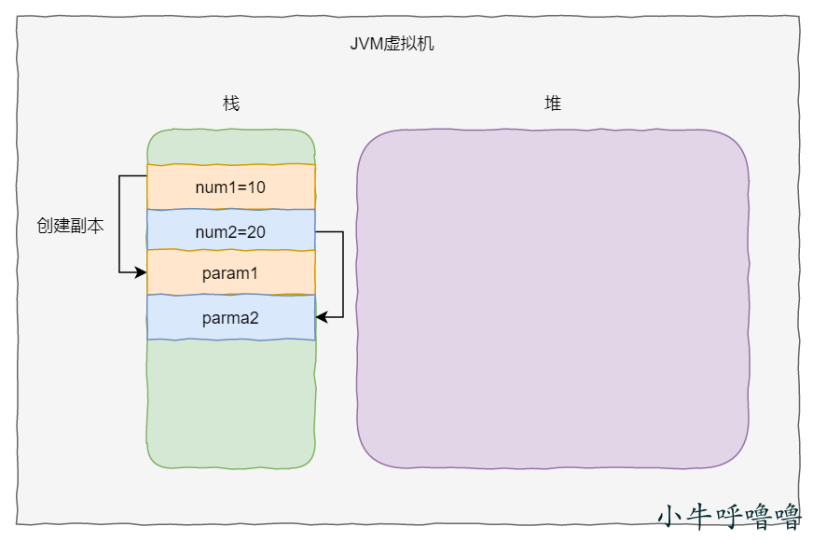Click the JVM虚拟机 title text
tap(393, 44)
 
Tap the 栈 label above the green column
tap(231, 104)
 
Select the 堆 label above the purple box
tap(553, 104)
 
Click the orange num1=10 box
tap(230, 187)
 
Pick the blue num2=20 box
tap(230, 231)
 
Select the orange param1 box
tap(230, 273)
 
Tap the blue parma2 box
tap(230, 318)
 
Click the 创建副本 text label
tap(70, 226)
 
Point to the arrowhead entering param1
tap(142, 272)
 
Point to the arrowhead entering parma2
tap(321, 318)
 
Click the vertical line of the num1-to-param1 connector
tap(119, 224)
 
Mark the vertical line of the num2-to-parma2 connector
tap(343, 275)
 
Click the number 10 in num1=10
tap(256, 187)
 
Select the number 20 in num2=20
tap(256, 231)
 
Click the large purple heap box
tap(553, 298)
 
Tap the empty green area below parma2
tap(230, 401)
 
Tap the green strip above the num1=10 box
tap(230, 147)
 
